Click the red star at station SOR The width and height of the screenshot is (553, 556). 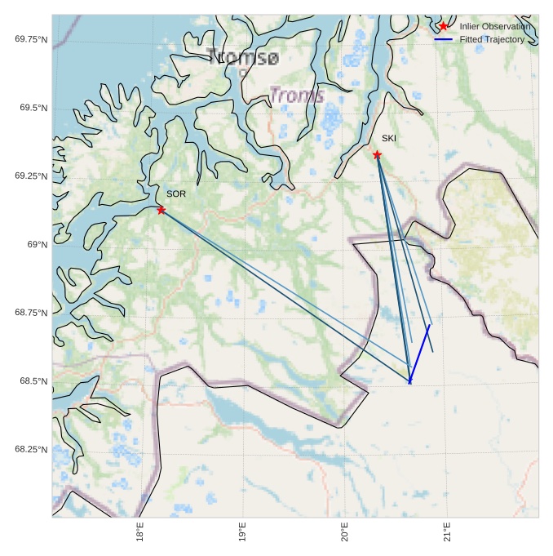(x=161, y=210)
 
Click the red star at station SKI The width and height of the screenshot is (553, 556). (x=378, y=154)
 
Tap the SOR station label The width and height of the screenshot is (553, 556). (x=176, y=193)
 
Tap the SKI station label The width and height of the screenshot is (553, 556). (x=389, y=138)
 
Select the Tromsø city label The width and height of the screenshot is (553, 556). (x=243, y=56)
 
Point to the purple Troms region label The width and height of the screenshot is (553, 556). (x=297, y=95)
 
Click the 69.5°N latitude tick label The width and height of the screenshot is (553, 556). (x=33, y=108)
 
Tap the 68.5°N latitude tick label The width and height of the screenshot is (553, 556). (x=33, y=381)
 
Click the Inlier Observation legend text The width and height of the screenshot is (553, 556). (x=494, y=27)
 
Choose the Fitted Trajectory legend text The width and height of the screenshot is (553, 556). (x=492, y=39)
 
